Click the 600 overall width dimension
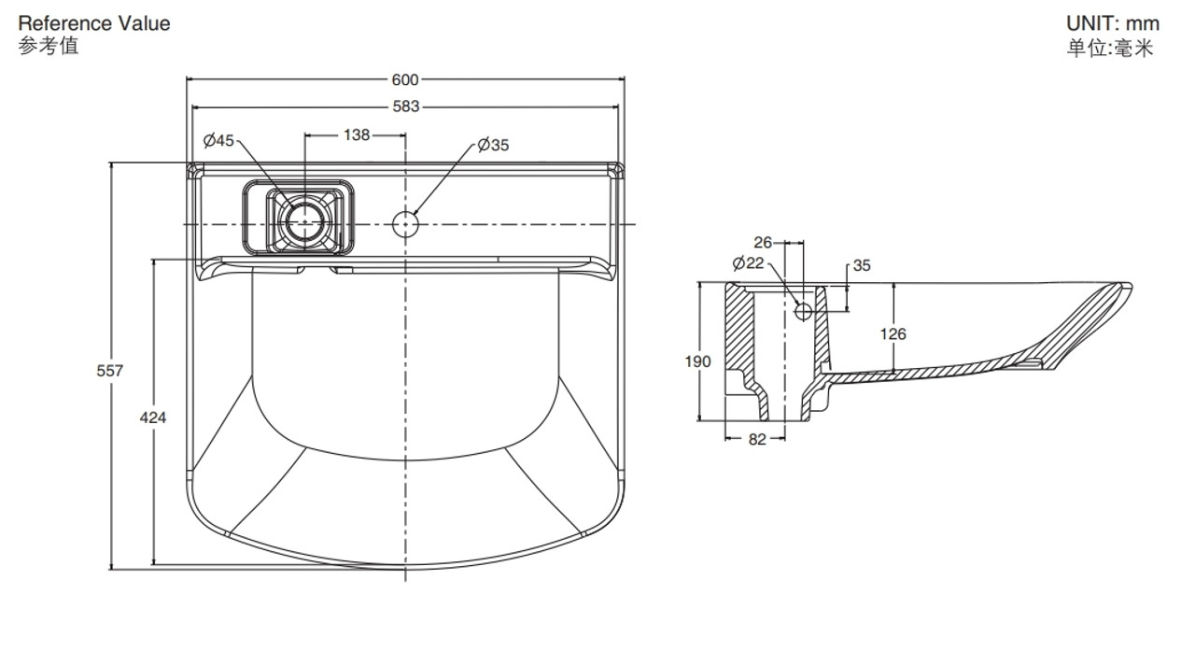(x=405, y=80)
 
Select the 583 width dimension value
(x=406, y=106)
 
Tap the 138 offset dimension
(x=357, y=135)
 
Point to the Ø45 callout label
(x=218, y=140)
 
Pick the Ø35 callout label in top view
(x=494, y=145)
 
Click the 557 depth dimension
(x=110, y=371)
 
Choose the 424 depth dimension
(x=153, y=417)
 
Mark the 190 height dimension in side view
(x=697, y=361)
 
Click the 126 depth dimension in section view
(x=893, y=334)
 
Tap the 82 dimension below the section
(x=757, y=439)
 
